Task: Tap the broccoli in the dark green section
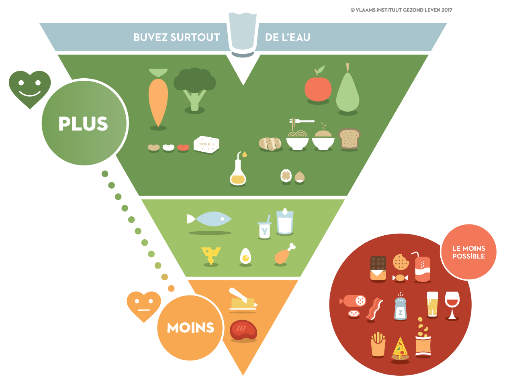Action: pyautogui.click(x=194, y=89)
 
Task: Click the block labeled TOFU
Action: pyautogui.click(x=206, y=144)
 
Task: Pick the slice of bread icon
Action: pyautogui.click(x=349, y=138)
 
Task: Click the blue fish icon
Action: pyautogui.click(x=209, y=219)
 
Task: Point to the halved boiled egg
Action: pyautogui.click(x=245, y=256)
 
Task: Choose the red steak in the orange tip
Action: pyautogui.click(x=243, y=330)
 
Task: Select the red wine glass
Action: pyautogui.click(x=452, y=305)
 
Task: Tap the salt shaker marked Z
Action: pyautogui.click(x=401, y=306)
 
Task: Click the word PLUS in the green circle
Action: pyautogui.click(x=83, y=123)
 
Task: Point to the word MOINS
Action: pyautogui.click(x=190, y=327)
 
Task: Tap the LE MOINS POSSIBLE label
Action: pyautogui.click(x=468, y=252)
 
